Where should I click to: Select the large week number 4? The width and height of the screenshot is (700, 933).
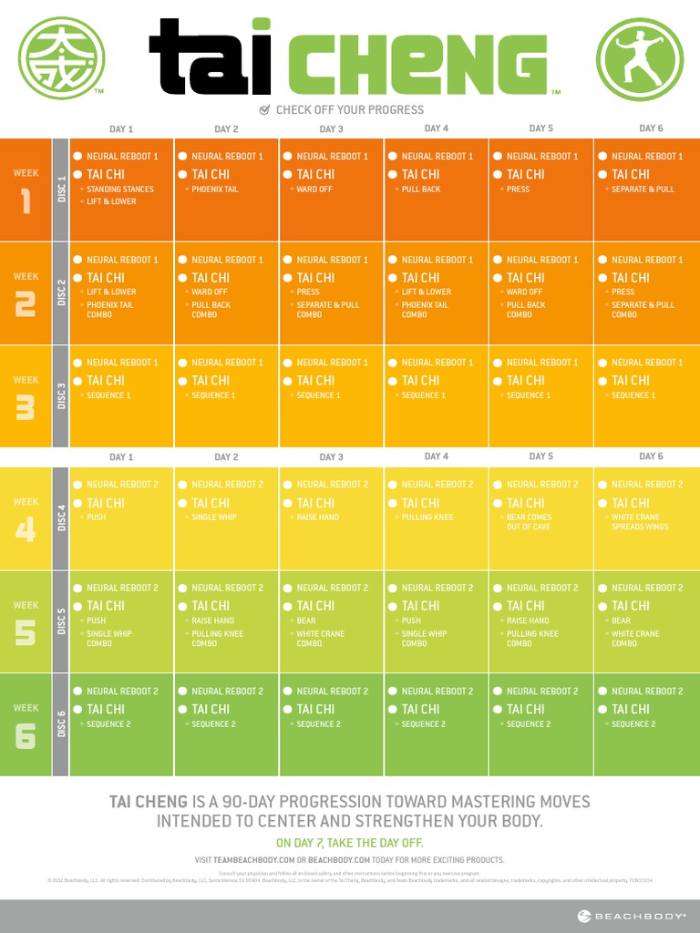(x=26, y=528)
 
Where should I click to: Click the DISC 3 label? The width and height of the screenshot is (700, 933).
(x=61, y=396)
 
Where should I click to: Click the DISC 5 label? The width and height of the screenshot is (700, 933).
(x=61, y=621)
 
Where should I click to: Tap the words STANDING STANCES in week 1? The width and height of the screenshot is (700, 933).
(x=120, y=190)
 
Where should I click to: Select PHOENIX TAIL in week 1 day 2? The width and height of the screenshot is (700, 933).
(x=215, y=190)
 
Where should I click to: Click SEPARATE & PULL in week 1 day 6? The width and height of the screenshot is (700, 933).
(x=643, y=190)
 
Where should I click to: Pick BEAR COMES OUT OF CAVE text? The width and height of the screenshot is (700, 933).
(x=529, y=522)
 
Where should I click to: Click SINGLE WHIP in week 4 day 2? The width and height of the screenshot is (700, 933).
(x=215, y=518)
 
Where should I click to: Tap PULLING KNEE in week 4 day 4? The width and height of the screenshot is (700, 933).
(x=427, y=518)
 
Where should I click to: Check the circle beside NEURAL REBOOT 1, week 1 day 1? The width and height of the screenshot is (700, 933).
(x=78, y=156)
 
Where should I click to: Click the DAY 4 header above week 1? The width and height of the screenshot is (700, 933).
(x=437, y=128)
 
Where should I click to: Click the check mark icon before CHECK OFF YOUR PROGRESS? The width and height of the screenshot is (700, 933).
(x=265, y=109)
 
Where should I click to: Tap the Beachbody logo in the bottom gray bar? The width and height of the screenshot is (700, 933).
(x=630, y=916)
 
